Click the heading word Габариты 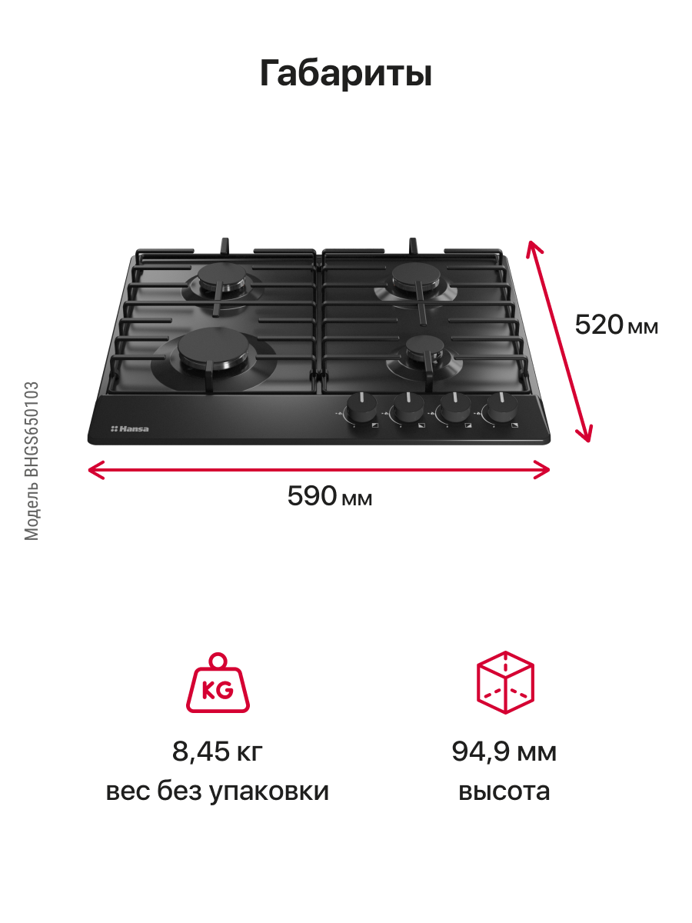[x=346, y=74]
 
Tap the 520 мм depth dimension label [x=617, y=325]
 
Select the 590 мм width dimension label [x=330, y=497]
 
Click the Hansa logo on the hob [x=130, y=428]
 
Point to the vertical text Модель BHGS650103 [x=32, y=461]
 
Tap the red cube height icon [x=504, y=682]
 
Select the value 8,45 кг [x=218, y=751]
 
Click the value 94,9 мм [x=504, y=751]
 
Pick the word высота [x=504, y=791]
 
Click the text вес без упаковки [x=218, y=791]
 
